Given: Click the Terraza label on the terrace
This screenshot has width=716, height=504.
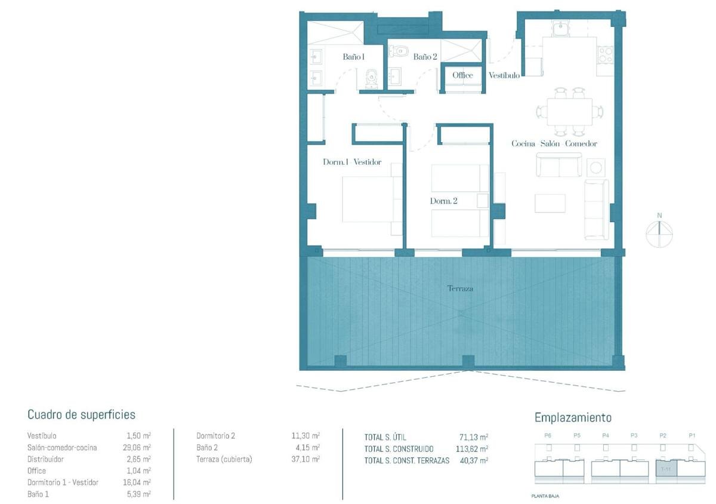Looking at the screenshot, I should pos(460,288).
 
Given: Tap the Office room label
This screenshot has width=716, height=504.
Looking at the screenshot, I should pos(462,75).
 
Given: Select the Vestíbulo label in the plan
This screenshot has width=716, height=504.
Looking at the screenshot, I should pos(504,76).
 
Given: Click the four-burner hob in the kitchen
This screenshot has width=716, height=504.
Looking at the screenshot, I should pos(605,55).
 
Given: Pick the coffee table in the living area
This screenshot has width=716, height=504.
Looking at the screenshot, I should pos(550,203).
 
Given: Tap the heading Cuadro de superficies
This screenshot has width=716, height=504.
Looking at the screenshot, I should pos(81,414).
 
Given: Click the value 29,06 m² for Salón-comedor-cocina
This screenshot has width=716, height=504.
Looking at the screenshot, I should pos(138,447).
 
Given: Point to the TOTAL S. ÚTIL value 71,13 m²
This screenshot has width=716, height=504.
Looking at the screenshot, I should pos(475,437).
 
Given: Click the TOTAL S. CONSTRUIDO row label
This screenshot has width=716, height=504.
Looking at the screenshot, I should pos(399,449).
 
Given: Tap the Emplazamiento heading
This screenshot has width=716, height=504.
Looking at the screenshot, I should pos(573,417).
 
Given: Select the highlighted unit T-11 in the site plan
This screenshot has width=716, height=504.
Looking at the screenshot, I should pos(667,469).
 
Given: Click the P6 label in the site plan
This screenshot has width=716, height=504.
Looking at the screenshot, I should pos(548,436).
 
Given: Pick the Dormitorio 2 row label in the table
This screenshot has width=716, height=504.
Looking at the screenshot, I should pos(215,436).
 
